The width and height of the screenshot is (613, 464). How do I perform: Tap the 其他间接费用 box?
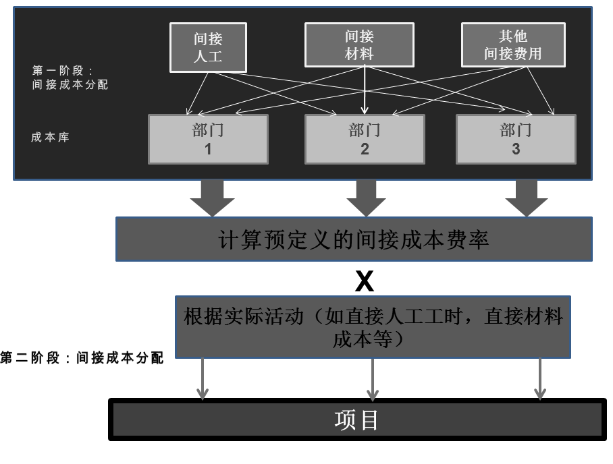click(x=512, y=45)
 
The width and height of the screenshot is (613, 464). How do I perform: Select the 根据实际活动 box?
click(x=373, y=326)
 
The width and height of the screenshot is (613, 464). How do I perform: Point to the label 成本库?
click(x=50, y=137)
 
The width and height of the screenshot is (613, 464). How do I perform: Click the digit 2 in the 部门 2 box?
click(x=365, y=149)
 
